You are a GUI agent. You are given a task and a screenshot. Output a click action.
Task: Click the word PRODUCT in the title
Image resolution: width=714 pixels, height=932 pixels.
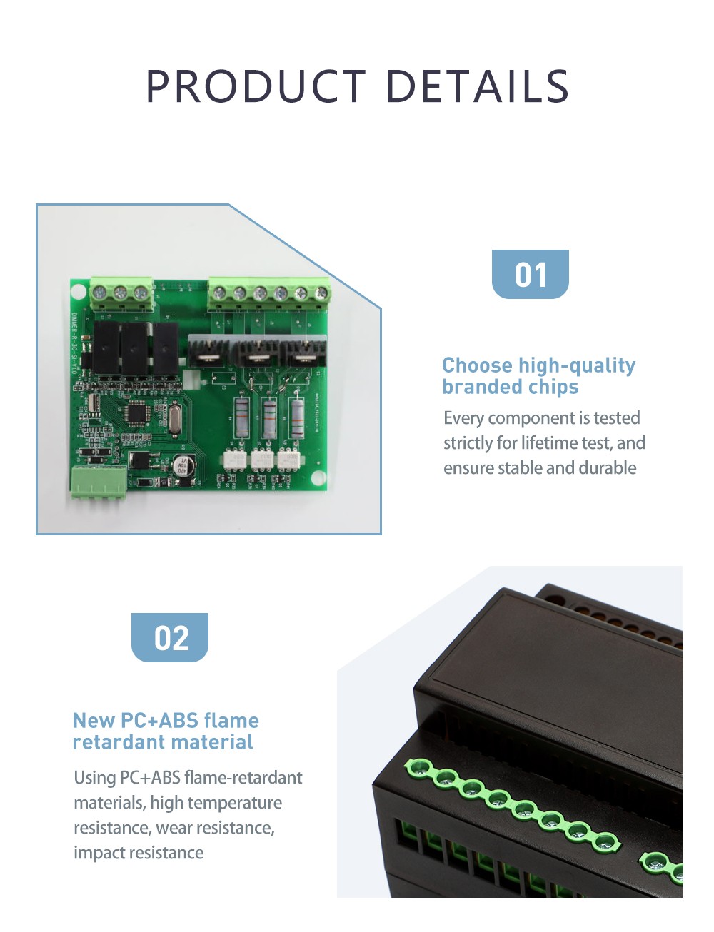coord(256,86)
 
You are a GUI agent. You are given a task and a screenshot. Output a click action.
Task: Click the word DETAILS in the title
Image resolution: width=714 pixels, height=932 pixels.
coord(477,86)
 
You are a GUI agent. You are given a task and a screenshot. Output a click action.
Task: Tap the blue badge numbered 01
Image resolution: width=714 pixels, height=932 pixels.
coord(530,274)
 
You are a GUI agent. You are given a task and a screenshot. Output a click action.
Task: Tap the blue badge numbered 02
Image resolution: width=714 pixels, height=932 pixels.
coord(170,637)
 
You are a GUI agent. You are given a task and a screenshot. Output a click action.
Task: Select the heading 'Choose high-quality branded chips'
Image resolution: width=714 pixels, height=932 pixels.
coord(538,376)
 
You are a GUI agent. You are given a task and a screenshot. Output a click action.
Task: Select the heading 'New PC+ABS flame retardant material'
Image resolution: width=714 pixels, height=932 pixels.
coord(166,731)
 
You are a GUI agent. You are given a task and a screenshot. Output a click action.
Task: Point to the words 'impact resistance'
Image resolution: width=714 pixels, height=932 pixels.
coord(139,853)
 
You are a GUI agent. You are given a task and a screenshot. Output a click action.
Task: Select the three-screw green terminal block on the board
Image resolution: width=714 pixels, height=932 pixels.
coord(121,294)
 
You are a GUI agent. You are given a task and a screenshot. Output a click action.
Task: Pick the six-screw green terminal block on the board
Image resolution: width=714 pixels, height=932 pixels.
coord(269,295)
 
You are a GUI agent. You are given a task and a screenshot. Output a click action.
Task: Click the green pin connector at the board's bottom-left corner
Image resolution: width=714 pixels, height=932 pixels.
coord(98,483)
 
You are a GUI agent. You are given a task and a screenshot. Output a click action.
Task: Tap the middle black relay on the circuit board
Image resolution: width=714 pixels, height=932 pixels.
coord(135,349)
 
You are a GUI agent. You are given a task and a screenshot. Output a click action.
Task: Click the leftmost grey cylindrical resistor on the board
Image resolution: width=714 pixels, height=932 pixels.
coord(242,417)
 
